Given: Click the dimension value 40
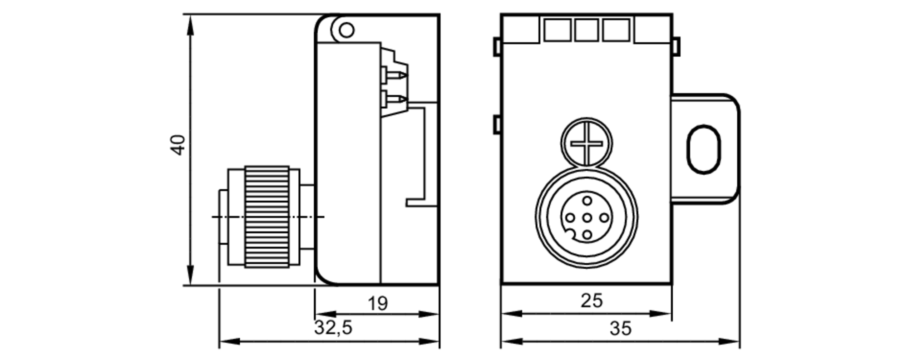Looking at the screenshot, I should pyautogui.click(x=178, y=145).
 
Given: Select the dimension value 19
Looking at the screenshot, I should pyautogui.click(x=378, y=303).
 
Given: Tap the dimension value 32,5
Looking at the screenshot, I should pyautogui.click(x=333, y=327).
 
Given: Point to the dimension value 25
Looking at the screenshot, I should pyautogui.click(x=592, y=301).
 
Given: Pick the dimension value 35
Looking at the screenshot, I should pyautogui.click(x=620, y=328).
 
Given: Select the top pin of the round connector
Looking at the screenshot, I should pyautogui.click(x=587, y=201).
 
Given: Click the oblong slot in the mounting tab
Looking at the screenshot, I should pyautogui.click(x=703, y=149).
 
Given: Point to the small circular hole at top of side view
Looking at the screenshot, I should pyautogui.click(x=346, y=30).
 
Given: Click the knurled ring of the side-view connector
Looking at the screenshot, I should pyautogui.click(x=267, y=217).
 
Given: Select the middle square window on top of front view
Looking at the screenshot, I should pyautogui.click(x=586, y=30).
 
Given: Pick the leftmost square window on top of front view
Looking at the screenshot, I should pyautogui.click(x=557, y=30).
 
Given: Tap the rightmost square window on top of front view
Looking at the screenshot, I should pyautogui.click(x=616, y=30).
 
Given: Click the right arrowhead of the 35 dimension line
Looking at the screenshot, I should pyautogui.click(x=731, y=341).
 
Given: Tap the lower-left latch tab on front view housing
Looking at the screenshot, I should pyautogui.click(x=497, y=124).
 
